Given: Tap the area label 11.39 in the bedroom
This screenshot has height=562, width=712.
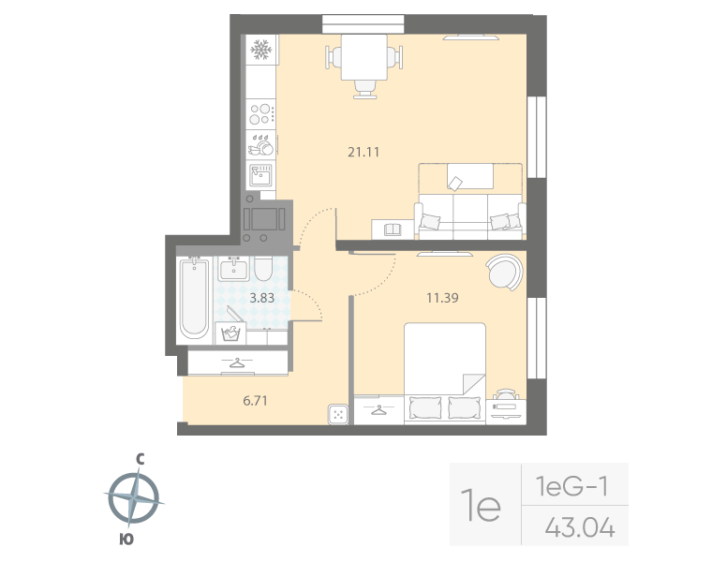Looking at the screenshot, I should [x=441, y=299].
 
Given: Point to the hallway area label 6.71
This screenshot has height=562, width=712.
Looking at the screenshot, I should [x=256, y=400].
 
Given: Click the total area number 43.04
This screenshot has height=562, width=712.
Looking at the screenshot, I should [x=579, y=529].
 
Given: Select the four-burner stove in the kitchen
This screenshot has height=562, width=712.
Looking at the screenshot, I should [x=261, y=114].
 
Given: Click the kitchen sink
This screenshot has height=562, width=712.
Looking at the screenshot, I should [x=260, y=173].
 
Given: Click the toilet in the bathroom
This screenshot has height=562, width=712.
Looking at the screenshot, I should [x=264, y=271].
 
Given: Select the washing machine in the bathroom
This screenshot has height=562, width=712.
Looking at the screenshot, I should [x=230, y=333].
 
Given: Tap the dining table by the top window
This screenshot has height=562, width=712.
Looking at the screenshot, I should [x=364, y=58].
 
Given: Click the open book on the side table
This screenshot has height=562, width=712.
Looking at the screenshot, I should [x=392, y=229].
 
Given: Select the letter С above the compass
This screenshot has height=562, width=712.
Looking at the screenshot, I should [x=139, y=459].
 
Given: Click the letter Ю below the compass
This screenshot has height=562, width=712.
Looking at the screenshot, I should [x=126, y=539].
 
